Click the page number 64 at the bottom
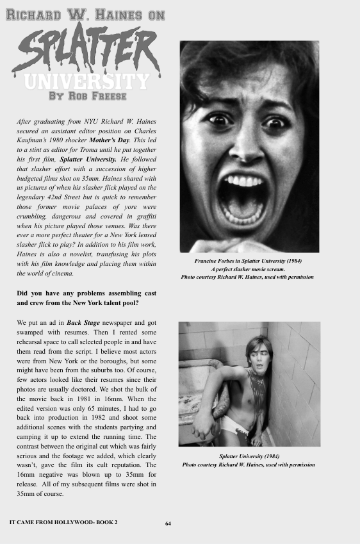(168, 523)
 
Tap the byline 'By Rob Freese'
(87, 96)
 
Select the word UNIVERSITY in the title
(87, 81)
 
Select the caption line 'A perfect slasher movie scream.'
(247, 269)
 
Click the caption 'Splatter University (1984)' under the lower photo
(249, 457)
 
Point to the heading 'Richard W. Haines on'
(86, 14)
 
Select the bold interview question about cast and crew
(86, 298)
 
